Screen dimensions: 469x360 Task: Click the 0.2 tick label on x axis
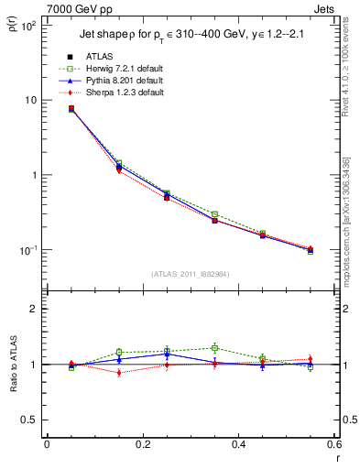[142, 444]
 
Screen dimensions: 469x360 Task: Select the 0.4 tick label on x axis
[237, 444]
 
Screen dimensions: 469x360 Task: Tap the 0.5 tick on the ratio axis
[31, 420]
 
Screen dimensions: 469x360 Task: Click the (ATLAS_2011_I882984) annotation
[191, 274]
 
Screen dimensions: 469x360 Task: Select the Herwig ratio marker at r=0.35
[214, 348]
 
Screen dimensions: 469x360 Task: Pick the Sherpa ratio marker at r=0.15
[119, 373]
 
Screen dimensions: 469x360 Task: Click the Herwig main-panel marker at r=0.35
[214, 214]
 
